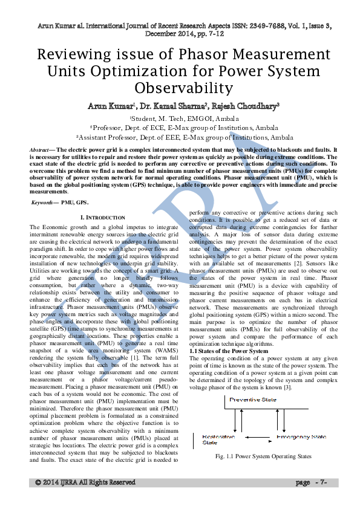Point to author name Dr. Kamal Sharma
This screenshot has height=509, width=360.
175,106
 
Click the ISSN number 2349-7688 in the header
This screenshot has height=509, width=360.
232,27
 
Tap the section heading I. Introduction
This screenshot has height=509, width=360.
103,217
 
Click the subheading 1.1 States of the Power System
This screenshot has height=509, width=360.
229,351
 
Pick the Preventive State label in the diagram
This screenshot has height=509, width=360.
254,400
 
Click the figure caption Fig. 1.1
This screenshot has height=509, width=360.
263,456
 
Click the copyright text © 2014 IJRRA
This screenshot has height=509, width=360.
85,482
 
